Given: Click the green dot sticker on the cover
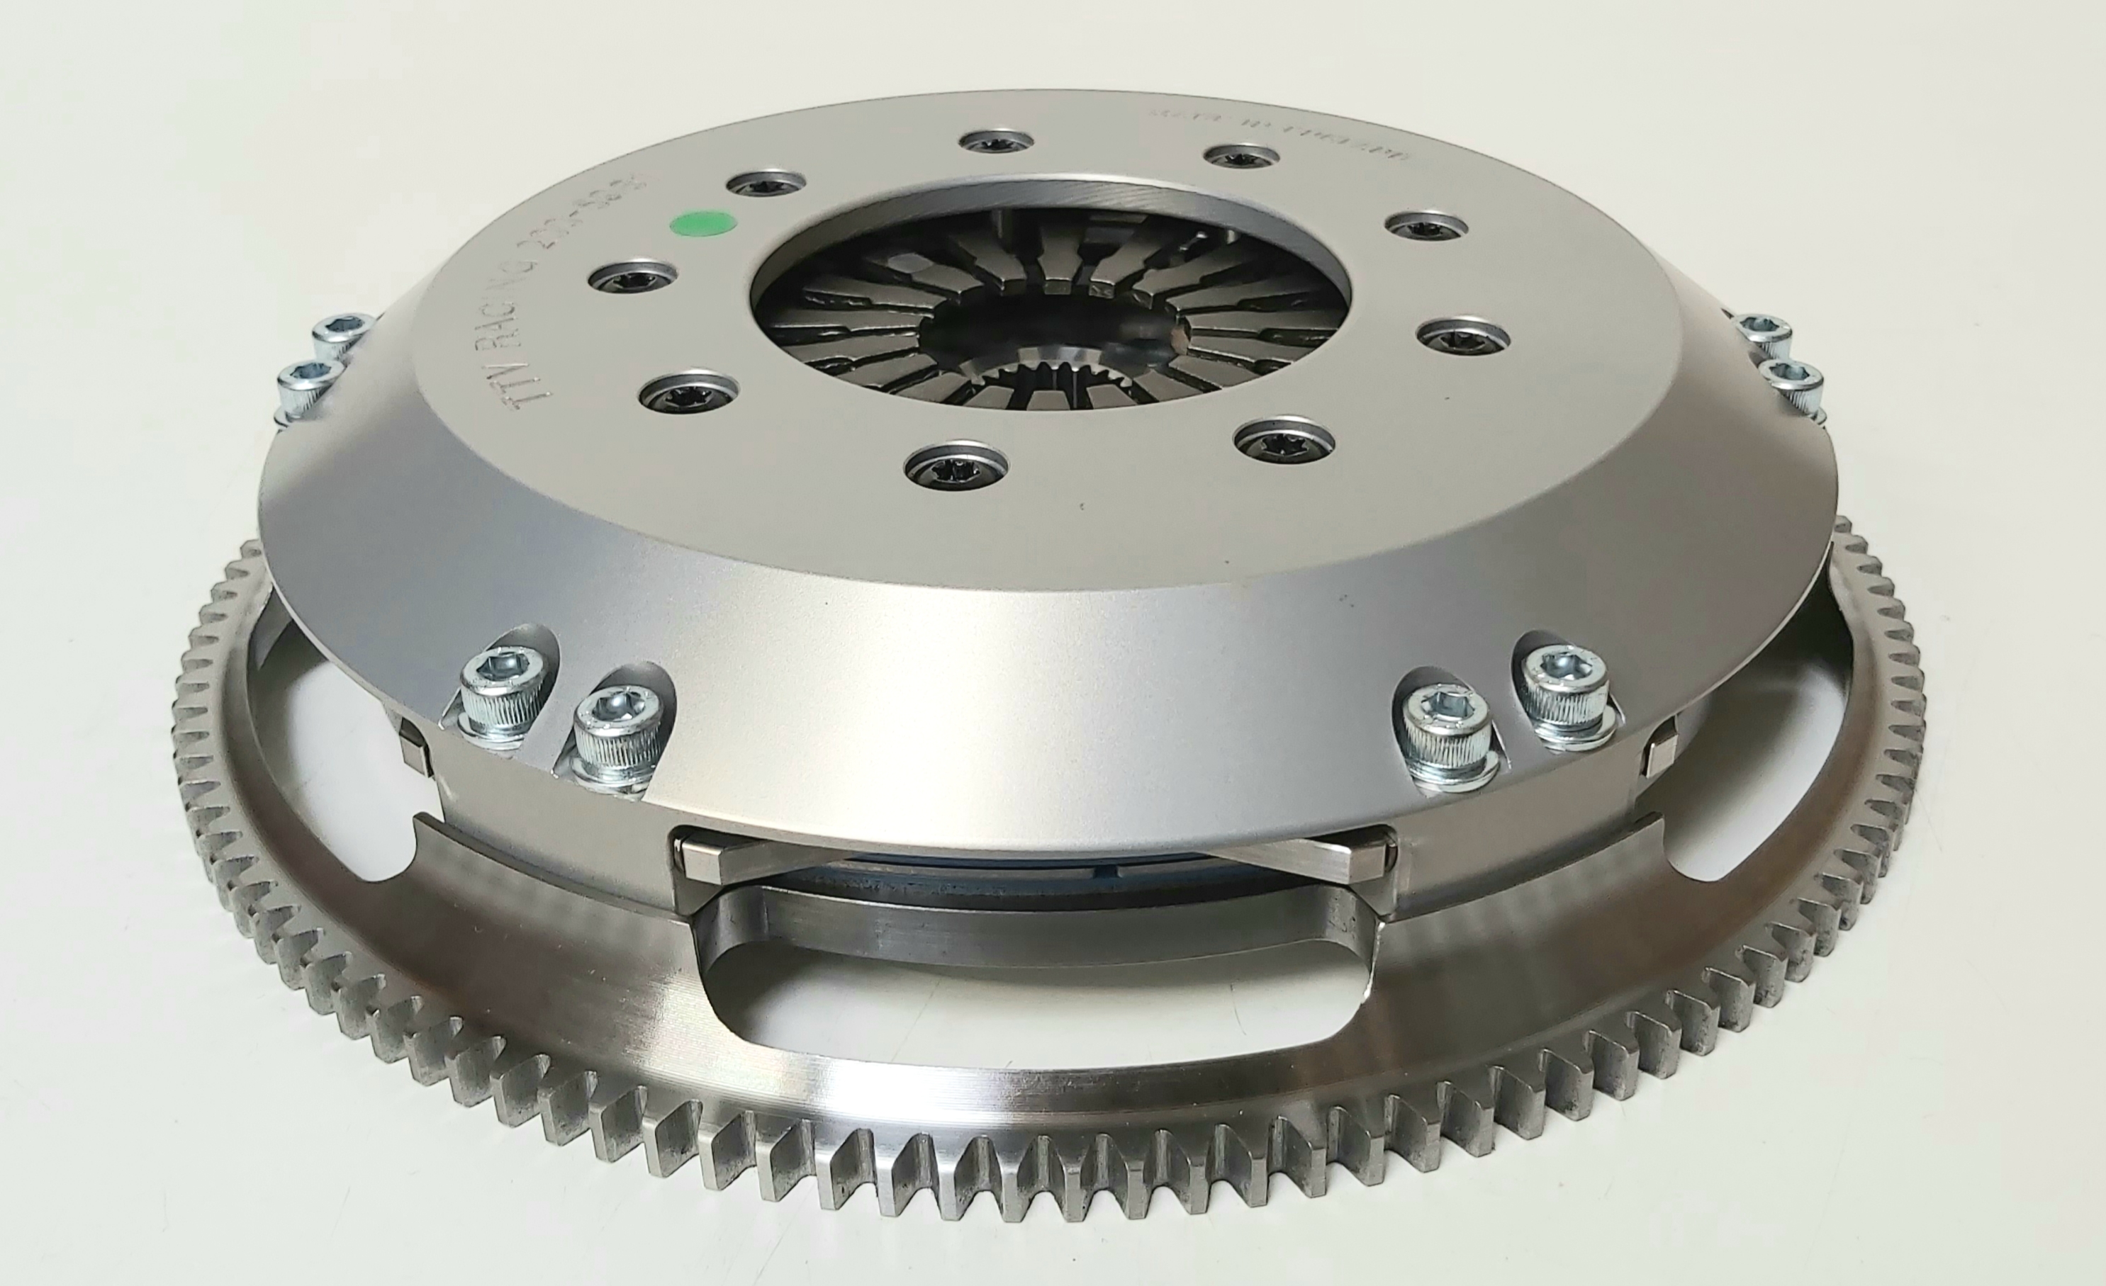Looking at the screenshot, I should pyautogui.click(x=702, y=225).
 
